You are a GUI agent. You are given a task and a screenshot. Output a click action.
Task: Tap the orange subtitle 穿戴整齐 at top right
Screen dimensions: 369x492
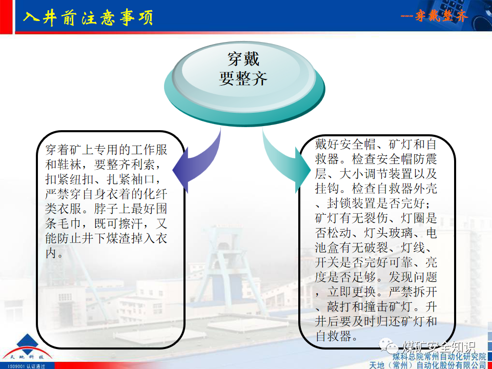pyautogui.click(x=435, y=16)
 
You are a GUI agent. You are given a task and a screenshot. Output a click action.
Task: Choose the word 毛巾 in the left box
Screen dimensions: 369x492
pyautogui.click(x=67, y=224)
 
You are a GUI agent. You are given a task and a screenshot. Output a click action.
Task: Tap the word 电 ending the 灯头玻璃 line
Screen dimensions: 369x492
pyautogui.click(x=432, y=233)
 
